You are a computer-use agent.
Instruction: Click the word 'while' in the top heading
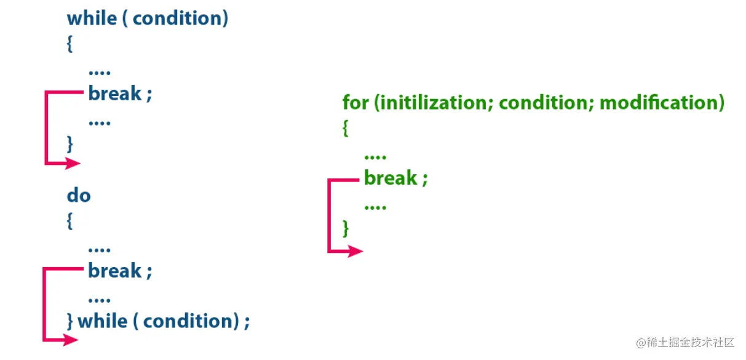click(90, 18)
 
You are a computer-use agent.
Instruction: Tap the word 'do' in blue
click(79, 196)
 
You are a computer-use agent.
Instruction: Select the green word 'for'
click(355, 102)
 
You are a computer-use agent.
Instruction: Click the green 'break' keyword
click(391, 178)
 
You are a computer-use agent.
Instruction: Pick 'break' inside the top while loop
click(115, 94)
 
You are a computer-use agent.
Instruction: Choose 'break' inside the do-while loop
click(115, 271)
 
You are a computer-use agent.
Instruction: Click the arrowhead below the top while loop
click(74, 163)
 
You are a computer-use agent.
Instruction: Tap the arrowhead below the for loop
click(356, 250)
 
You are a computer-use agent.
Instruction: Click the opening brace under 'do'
click(70, 222)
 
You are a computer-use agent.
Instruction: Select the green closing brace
click(346, 229)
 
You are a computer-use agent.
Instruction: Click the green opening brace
click(346, 129)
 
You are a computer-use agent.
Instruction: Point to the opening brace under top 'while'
click(70, 44)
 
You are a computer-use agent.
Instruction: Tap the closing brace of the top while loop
click(70, 144)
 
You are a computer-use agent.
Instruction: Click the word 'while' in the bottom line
click(102, 321)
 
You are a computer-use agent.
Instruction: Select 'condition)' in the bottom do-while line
click(191, 321)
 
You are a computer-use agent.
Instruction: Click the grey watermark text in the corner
click(686, 342)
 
